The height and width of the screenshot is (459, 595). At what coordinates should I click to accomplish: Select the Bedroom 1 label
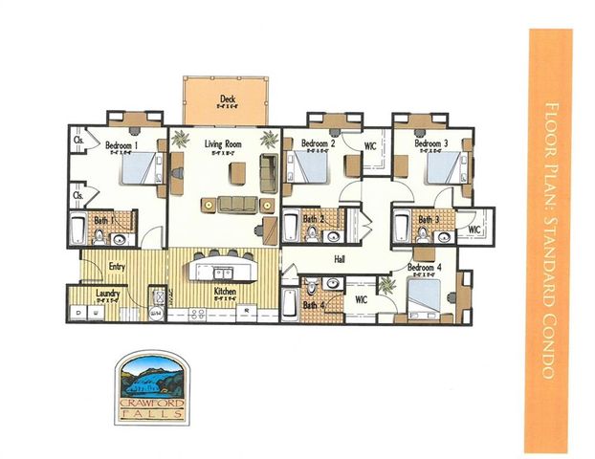pos(123,144)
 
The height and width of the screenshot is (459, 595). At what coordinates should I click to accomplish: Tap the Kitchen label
pos(225,292)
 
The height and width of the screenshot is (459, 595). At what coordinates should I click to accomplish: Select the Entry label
pos(118,267)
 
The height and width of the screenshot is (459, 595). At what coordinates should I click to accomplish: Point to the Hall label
pos(340,258)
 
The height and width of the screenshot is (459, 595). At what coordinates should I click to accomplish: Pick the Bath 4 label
pos(313,305)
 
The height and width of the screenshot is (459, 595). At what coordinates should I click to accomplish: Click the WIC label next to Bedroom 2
pos(369,145)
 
